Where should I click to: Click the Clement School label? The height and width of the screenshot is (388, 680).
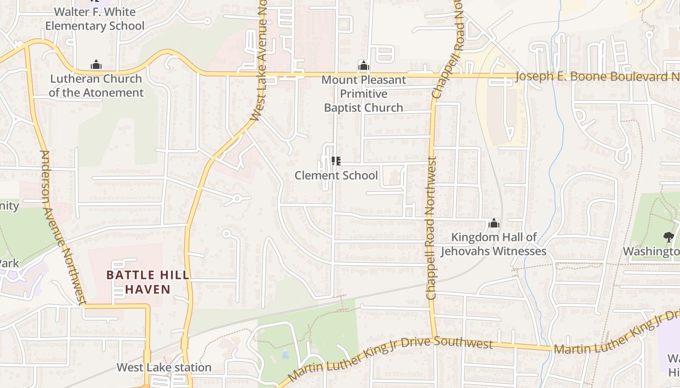336,176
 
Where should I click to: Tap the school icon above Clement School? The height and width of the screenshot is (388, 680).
336,161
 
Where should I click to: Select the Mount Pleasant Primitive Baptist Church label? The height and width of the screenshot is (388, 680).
364,94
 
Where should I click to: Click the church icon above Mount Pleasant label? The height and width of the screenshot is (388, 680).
364,65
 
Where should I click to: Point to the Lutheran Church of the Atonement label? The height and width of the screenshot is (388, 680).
96,85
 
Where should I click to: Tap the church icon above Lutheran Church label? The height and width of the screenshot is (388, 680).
96,65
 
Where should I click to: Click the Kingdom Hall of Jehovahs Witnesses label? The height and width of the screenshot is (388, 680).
493,244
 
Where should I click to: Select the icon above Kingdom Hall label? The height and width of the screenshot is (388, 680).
494,224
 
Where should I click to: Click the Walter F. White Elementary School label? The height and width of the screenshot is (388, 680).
95,18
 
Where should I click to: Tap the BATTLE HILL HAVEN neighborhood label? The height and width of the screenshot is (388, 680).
148,282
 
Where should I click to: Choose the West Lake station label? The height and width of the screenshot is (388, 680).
164,368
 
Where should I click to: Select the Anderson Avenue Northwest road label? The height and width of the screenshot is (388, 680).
60,228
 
